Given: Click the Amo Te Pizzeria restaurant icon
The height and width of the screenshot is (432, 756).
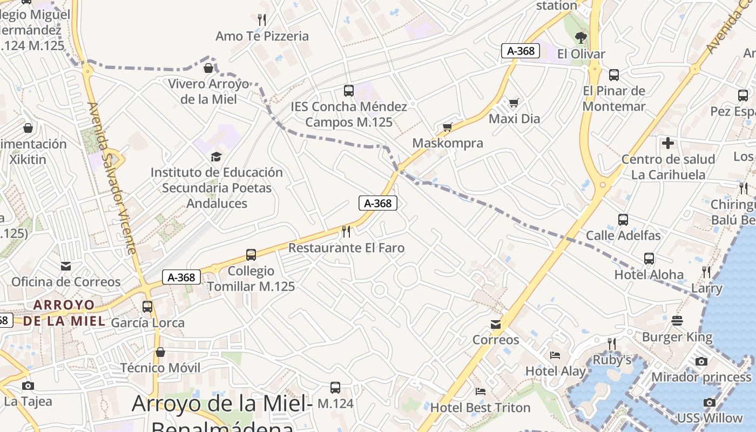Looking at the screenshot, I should click(x=262, y=20).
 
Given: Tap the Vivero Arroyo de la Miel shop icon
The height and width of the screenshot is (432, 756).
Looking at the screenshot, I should click(x=208, y=68).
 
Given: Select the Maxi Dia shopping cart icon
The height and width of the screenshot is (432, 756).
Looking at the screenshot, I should click(x=514, y=102).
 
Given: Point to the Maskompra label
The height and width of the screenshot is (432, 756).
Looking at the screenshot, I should click(x=448, y=143).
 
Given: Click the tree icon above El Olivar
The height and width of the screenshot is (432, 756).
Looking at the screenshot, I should click(x=581, y=37).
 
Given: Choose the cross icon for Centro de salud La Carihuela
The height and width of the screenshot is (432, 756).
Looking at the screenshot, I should click(x=668, y=143).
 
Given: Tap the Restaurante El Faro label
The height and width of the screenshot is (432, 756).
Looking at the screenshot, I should click(x=346, y=248).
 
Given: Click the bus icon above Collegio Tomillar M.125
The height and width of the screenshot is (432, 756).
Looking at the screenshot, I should click(x=251, y=254).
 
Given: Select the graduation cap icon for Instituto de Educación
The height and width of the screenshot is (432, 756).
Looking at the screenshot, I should click(x=216, y=157).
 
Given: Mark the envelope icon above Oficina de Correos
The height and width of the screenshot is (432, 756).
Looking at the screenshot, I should click(x=66, y=266).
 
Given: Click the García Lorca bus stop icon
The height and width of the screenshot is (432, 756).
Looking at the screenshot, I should click(x=147, y=307).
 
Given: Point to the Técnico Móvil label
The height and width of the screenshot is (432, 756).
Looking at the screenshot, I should click(x=160, y=368).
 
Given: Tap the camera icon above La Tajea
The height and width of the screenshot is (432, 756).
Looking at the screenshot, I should click(x=28, y=386).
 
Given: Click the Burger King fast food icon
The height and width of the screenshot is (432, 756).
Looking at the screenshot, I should click(x=677, y=321).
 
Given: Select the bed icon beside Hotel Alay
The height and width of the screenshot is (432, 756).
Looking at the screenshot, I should click(x=555, y=355).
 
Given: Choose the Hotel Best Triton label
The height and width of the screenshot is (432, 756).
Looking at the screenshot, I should click(x=480, y=407).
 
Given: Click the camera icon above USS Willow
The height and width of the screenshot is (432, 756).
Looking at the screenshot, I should click(x=710, y=402).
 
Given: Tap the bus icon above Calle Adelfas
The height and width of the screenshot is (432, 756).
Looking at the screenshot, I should click(x=623, y=220).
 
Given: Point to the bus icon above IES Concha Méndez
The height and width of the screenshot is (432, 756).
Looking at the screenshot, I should click(x=349, y=91).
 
